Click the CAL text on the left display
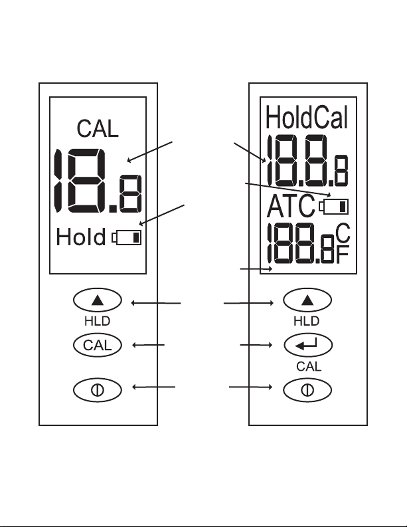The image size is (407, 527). click(x=98, y=128)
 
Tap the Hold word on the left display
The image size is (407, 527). click(x=81, y=237)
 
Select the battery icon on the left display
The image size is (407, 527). click(x=127, y=237)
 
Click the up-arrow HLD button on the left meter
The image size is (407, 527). click(x=98, y=300)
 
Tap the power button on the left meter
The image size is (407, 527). click(x=98, y=390)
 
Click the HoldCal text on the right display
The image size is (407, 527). click(x=307, y=117)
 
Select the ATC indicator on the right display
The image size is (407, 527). click(x=291, y=206)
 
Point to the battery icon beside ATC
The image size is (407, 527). click(x=334, y=207)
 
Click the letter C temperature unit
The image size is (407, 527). click(x=343, y=233)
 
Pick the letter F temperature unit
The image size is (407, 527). click(x=343, y=255)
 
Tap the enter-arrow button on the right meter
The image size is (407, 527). click(x=308, y=345)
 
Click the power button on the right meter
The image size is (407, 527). click(x=307, y=390)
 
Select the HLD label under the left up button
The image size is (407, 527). click(x=98, y=321)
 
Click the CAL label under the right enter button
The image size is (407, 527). click(x=309, y=366)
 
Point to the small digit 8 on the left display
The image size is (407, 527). click(x=130, y=194)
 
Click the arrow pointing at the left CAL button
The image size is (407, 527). click(x=149, y=345)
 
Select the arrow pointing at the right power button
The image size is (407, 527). click(x=251, y=387)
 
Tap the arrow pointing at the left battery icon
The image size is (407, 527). click(x=162, y=215)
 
